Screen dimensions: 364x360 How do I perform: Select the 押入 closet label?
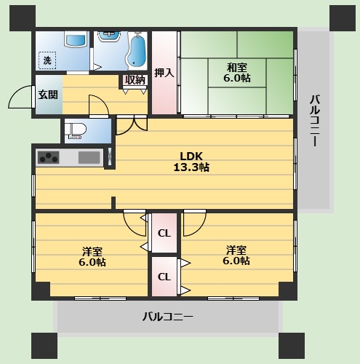164,73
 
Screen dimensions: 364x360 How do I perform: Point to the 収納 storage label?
135,80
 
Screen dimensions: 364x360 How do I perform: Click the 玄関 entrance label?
48,94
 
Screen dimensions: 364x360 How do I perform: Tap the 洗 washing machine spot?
47,61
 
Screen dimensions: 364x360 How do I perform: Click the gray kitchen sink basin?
89,157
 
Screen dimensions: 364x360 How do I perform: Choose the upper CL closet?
164,234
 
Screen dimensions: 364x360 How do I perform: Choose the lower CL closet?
164,277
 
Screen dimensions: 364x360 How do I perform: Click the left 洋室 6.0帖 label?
92,256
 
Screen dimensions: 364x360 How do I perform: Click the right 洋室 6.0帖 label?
236,255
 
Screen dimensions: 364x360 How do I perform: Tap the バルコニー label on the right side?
314,121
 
